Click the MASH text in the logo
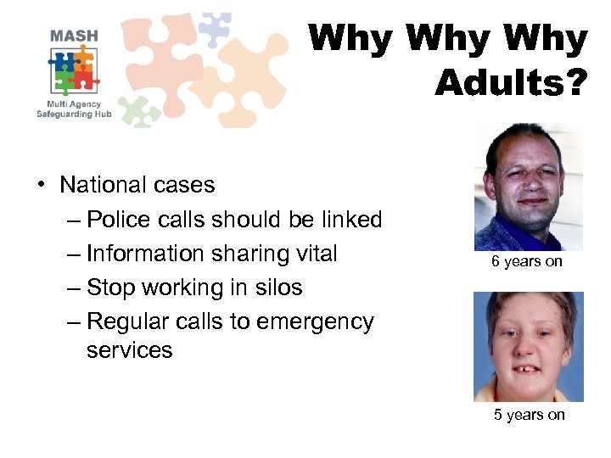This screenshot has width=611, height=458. (x=74, y=36)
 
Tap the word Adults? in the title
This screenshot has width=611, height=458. (x=510, y=82)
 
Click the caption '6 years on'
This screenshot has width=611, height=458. (x=526, y=261)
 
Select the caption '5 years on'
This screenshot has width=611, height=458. (x=530, y=415)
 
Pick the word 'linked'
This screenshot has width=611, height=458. (x=351, y=220)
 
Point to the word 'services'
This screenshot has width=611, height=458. (x=129, y=350)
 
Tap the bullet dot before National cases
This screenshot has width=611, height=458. (x=41, y=186)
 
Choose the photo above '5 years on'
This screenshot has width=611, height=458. (x=528, y=347)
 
